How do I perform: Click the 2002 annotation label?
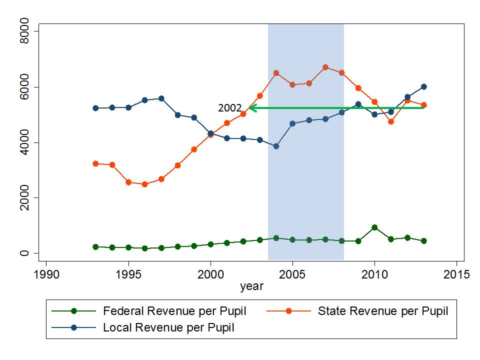(x=229, y=108)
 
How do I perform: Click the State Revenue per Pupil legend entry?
(x=383, y=311)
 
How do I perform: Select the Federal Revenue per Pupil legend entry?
(x=174, y=311)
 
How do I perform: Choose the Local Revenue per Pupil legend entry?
(x=168, y=328)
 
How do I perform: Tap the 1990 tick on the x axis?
(x=46, y=274)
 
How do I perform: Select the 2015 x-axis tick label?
(x=457, y=274)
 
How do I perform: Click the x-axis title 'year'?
(x=251, y=287)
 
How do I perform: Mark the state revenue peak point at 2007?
(x=325, y=67)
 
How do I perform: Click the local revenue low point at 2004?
(x=276, y=146)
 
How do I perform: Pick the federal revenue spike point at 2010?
(x=374, y=227)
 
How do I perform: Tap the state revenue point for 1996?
(x=145, y=184)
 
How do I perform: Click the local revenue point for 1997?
(x=161, y=98)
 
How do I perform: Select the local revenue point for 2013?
(x=423, y=86)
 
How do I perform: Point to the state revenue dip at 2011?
(x=391, y=121)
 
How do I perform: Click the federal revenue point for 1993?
(x=95, y=247)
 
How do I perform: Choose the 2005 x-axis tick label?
(x=292, y=274)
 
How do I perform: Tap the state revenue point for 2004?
(x=276, y=73)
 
